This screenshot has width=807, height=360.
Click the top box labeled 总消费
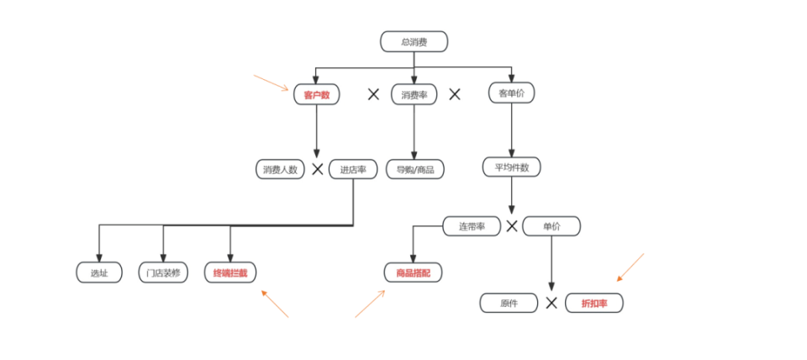[x=414, y=41]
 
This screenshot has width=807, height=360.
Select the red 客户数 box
[x=316, y=94]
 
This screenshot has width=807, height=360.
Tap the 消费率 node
[x=414, y=94]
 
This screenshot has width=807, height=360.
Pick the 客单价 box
[x=511, y=94]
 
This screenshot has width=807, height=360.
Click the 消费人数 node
[x=280, y=169]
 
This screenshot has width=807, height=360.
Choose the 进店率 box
[x=353, y=169]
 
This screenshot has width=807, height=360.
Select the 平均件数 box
[x=511, y=167]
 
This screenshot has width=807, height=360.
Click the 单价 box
[x=551, y=225]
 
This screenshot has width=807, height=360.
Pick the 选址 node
[x=98, y=273]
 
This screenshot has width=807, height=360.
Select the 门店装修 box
[x=162, y=273]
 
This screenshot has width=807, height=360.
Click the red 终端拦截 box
[x=230, y=273]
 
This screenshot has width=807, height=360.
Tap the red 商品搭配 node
[x=412, y=273]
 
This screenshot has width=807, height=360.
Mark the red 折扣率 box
[x=593, y=303]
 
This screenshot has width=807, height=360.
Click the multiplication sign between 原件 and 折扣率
[x=551, y=303]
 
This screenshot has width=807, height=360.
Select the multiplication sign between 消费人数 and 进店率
[x=318, y=169]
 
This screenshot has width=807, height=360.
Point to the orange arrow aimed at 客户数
[x=272, y=82]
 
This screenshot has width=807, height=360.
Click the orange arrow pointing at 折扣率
[x=630, y=267]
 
